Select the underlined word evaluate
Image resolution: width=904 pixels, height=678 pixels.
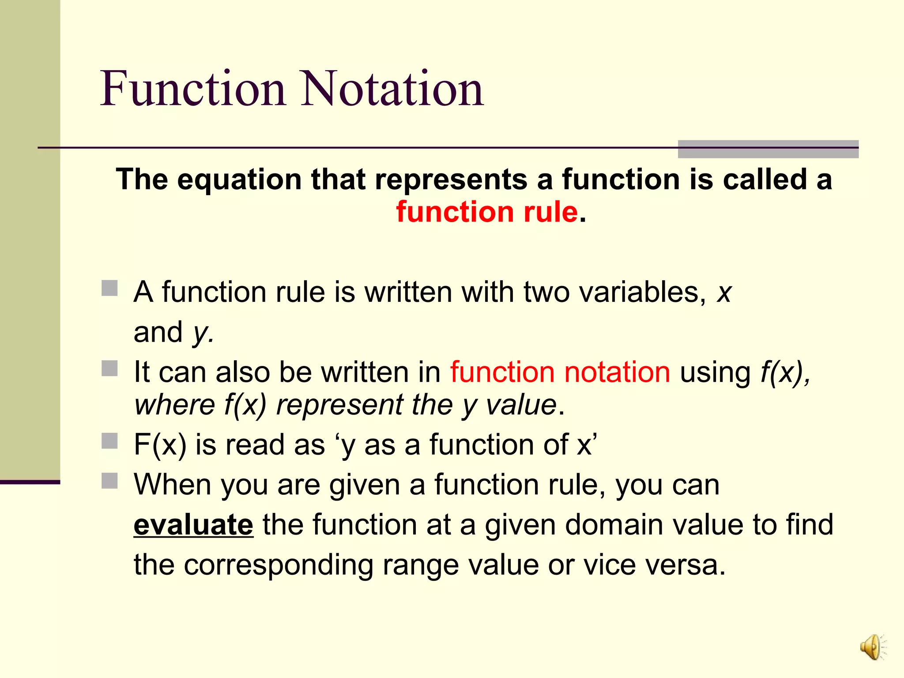193,525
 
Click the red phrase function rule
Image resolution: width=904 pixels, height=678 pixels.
487,212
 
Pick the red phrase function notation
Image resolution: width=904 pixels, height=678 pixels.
560,372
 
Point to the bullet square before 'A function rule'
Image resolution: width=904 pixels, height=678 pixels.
109,289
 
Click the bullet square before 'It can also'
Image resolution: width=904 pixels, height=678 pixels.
109,369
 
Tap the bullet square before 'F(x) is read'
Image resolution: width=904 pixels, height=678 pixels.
109,441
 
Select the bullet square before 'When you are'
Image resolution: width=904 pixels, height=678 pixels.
109,481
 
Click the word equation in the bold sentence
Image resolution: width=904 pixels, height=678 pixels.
240,180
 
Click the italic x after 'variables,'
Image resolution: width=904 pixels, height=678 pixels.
724,293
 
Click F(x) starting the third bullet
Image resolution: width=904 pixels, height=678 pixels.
160,444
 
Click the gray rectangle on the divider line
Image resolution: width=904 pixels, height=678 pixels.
768,149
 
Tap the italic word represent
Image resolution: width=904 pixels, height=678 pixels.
339,405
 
